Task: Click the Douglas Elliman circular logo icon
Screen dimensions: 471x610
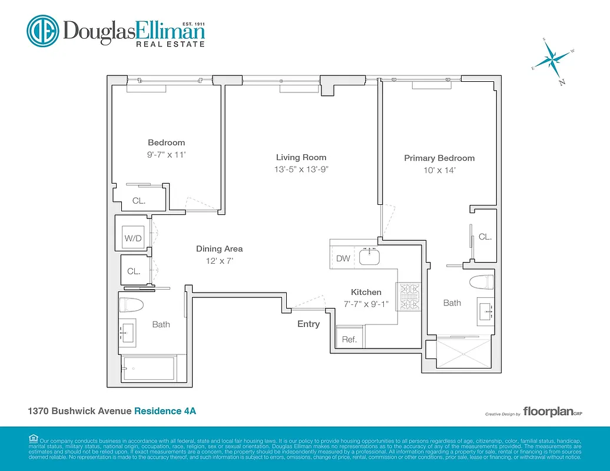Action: point(43,30)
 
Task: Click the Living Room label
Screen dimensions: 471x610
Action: point(301,157)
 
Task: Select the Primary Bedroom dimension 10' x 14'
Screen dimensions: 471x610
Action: point(439,170)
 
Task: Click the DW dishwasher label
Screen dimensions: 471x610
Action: point(343,258)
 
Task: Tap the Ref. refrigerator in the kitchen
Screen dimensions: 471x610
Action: point(349,339)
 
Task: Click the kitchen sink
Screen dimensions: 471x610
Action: point(372,257)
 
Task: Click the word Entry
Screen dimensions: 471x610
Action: point(309,324)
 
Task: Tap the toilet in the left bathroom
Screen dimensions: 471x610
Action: point(131,304)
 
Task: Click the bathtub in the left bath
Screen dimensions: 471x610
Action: point(148,369)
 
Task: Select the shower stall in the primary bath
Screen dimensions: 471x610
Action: point(463,354)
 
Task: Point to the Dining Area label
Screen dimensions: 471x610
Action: point(219,248)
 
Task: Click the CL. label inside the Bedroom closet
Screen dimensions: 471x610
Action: point(138,201)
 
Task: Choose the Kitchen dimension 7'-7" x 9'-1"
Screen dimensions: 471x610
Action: point(366,304)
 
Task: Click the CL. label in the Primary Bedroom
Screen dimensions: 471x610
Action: point(485,237)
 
